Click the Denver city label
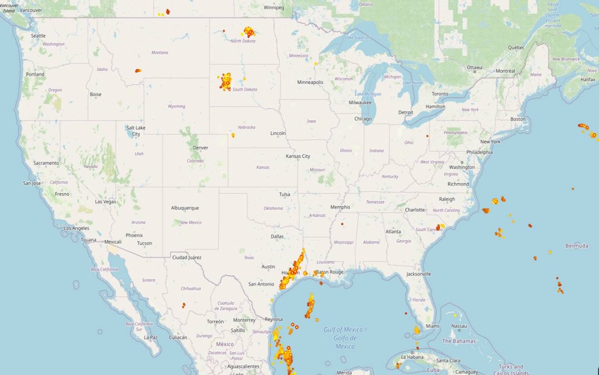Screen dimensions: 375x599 click(x=200, y=148)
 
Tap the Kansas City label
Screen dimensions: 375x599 click(x=298, y=156)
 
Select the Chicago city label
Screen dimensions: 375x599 click(x=363, y=119)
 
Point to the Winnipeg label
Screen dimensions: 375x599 click(x=274, y=7)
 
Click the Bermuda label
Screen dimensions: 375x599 click(x=577, y=246)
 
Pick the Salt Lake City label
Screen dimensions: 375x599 click(x=136, y=131)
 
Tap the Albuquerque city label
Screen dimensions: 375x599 click(x=185, y=208)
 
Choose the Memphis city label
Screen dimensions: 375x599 click(x=340, y=207)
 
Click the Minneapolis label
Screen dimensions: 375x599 click(x=310, y=82)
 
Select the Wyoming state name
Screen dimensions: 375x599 click(x=176, y=106)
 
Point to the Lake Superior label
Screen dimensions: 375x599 click(x=357, y=37)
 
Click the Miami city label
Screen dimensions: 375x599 click(x=432, y=326)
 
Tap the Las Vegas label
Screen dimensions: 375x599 click(x=105, y=202)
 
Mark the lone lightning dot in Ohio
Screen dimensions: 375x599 click(x=427, y=136)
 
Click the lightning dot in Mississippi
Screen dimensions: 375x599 click(x=342, y=224)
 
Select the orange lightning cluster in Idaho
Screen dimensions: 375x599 click(x=138, y=71)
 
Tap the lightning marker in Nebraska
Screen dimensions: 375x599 click(x=233, y=135)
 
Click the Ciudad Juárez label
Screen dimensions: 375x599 click(x=187, y=257)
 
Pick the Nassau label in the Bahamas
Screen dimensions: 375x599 click(x=459, y=326)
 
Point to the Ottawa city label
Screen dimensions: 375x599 click(x=474, y=67)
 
